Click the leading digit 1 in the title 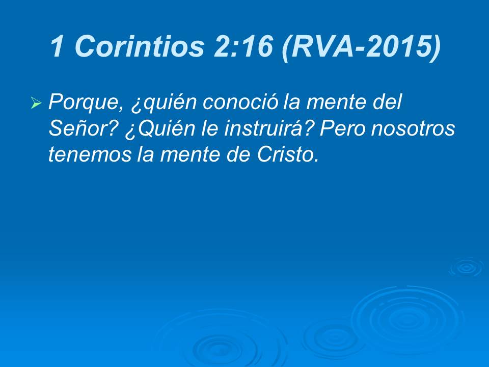(58, 47)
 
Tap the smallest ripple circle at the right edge (465, 267)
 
